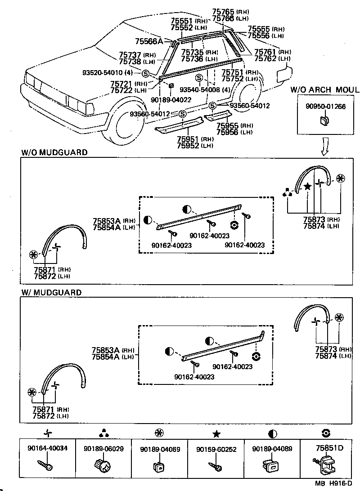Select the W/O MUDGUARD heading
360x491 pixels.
[x=54, y=152]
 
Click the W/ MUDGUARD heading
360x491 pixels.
[x=51, y=292]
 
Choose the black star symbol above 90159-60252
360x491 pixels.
[x=216, y=434]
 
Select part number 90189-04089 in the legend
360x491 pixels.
[x=272, y=449]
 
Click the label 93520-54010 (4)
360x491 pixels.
[x=107, y=73]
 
